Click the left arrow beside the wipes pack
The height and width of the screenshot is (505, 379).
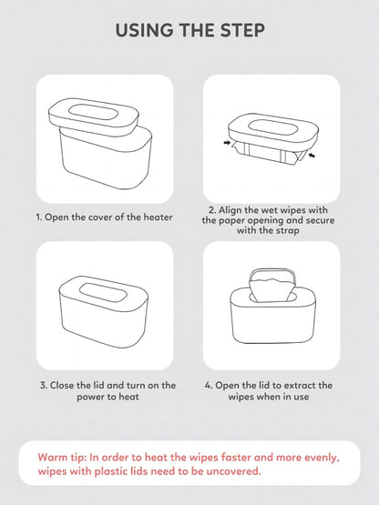[228, 142]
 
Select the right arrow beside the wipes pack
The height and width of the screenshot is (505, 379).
[312, 156]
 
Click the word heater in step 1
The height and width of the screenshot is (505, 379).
[158, 217]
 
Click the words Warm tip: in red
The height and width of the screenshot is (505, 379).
[62, 458]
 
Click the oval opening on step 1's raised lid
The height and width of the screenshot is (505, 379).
[93, 113]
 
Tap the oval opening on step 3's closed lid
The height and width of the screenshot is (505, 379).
[103, 293]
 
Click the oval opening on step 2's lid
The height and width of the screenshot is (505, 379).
[272, 128]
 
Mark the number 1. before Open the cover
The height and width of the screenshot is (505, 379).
[39, 217]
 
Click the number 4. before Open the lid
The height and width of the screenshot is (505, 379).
[209, 385]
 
